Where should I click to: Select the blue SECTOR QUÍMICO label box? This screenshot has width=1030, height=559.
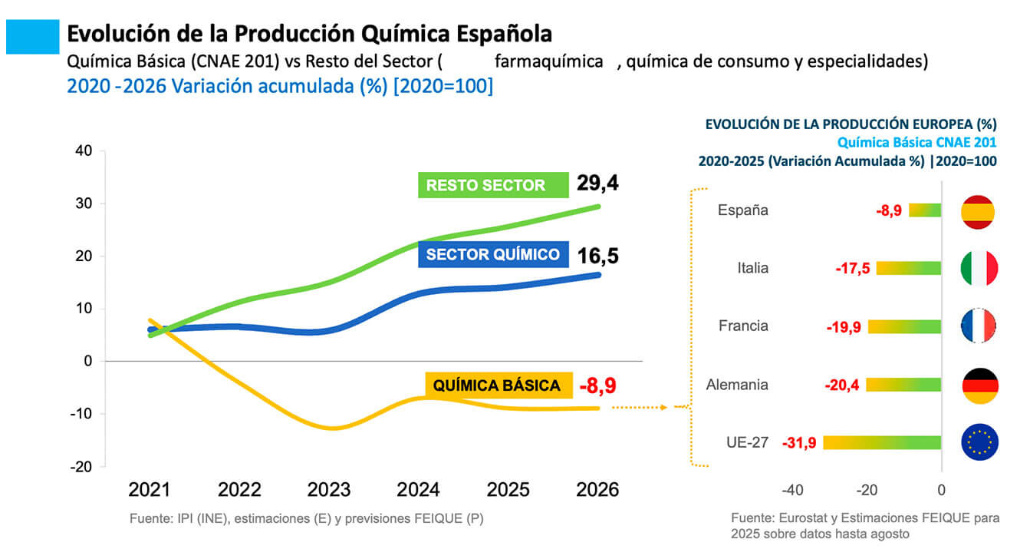pyautogui.click(x=492, y=255)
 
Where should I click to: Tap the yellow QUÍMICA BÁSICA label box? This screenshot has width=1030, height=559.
pyautogui.click(x=498, y=385)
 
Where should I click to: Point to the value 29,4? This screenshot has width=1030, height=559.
pyautogui.click(x=598, y=184)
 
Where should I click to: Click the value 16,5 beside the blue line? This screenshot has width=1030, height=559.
pyautogui.click(x=598, y=255)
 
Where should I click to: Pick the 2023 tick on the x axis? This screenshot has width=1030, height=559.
pyautogui.click(x=329, y=490)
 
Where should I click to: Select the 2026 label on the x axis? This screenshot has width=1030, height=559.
pyautogui.click(x=597, y=490)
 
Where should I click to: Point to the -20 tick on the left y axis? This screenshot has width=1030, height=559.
pyautogui.click(x=81, y=467)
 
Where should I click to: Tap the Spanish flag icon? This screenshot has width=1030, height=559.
pyautogui.click(x=979, y=210)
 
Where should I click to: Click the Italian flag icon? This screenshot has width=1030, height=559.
pyautogui.click(x=979, y=268)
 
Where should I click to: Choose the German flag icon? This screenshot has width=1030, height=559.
pyautogui.click(x=979, y=385)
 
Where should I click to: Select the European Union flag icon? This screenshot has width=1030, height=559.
pyautogui.click(x=979, y=442)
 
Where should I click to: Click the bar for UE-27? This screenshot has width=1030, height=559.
pyautogui.click(x=882, y=442)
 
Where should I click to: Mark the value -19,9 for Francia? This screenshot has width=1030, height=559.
pyautogui.click(x=844, y=327)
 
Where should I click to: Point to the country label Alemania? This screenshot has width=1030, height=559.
pyautogui.click(x=737, y=385)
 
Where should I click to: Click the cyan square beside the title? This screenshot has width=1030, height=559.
pyautogui.click(x=33, y=36)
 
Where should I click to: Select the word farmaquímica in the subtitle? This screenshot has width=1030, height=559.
pyautogui.click(x=549, y=61)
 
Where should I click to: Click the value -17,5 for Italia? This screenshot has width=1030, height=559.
pyautogui.click(x=852, y=269)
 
